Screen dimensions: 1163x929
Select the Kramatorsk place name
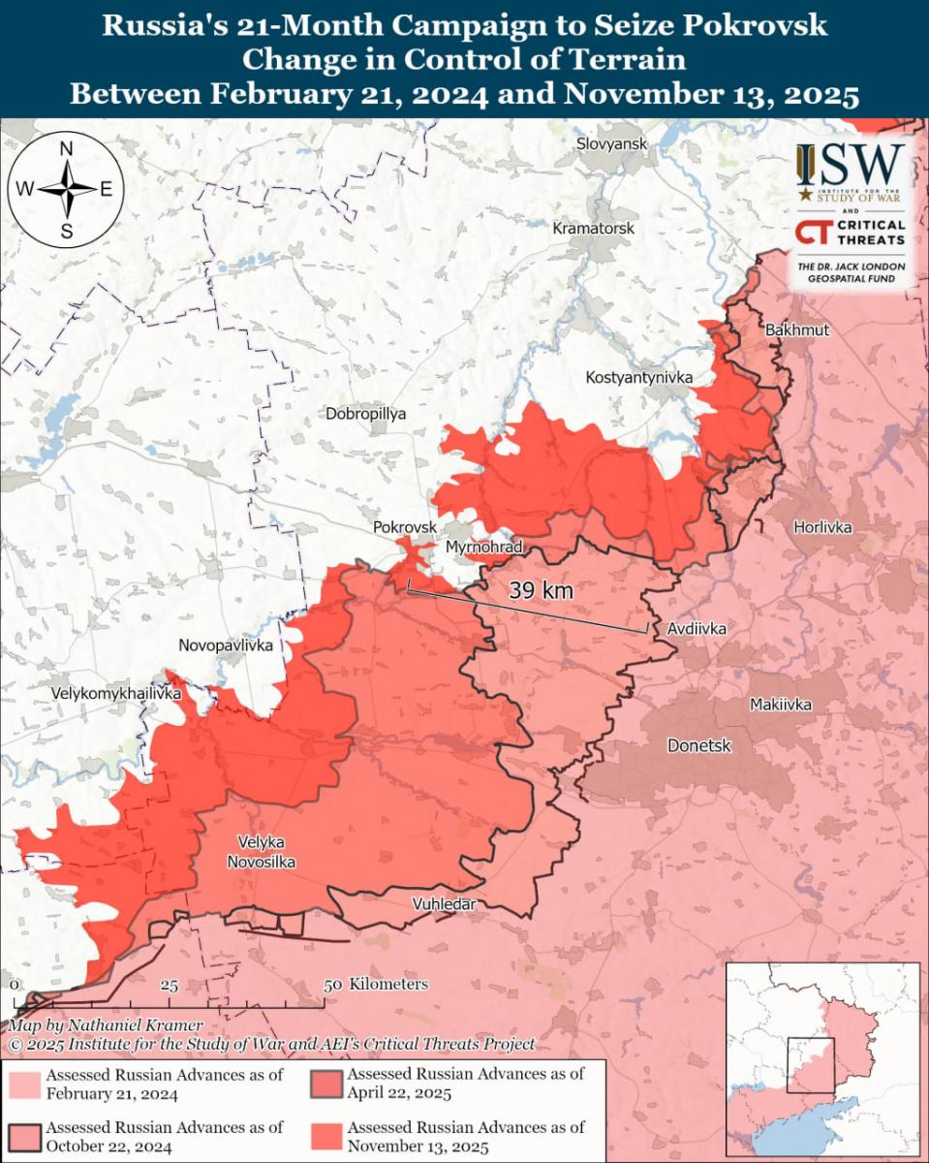(x=593, y=229)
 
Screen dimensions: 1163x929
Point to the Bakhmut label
(x=796, y=330)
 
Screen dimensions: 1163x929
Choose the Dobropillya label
(x=366, y=414)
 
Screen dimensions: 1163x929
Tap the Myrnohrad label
(x=483, y=548)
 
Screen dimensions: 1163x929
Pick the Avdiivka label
(x=697, y=629)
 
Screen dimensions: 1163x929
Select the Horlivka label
(x=821, y=527)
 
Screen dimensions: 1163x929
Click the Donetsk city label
(x=698, y=745)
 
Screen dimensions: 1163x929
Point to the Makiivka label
(x=780, y=705)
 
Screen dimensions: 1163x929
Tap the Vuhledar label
(x=444, y=903)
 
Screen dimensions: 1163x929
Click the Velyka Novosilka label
(x=261, y=852)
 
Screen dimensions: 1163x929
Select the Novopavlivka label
(x=226, y=645)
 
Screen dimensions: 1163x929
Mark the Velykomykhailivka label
(x=116, y=695)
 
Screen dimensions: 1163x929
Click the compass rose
(x=67, y=190)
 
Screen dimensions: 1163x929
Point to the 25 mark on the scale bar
(x=169, y=986)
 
